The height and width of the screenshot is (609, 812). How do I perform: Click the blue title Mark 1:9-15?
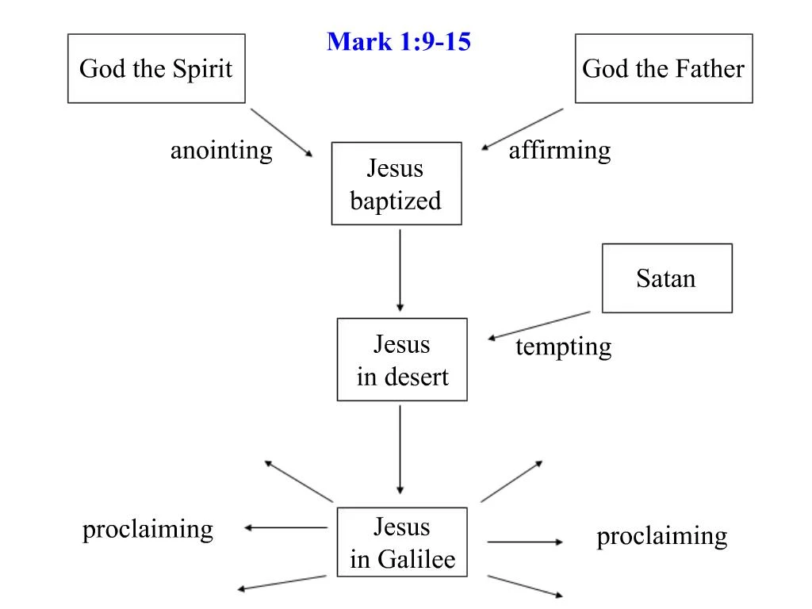[399, 41]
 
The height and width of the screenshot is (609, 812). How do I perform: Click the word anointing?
[221, 151]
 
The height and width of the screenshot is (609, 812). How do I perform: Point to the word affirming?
[560, 151]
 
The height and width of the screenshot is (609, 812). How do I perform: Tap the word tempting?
[564, 347]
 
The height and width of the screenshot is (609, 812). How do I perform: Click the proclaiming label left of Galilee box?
[147, 530]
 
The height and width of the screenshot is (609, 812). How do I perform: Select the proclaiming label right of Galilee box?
[662, 537]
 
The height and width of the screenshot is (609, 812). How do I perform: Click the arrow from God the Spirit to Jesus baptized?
[282, 132]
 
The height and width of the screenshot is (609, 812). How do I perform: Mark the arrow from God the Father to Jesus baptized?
[522, 129]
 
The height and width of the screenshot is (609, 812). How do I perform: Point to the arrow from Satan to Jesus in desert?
[539, 326]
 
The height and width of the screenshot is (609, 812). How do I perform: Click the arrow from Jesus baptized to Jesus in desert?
[400, 270]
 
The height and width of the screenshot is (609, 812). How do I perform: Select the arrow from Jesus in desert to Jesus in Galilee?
[400, 450]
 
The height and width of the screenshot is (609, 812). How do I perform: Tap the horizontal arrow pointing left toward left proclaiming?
[285, 527]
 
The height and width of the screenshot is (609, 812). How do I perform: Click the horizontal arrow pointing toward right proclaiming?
[525, 542]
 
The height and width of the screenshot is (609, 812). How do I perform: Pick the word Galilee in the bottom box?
[416, 559]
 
